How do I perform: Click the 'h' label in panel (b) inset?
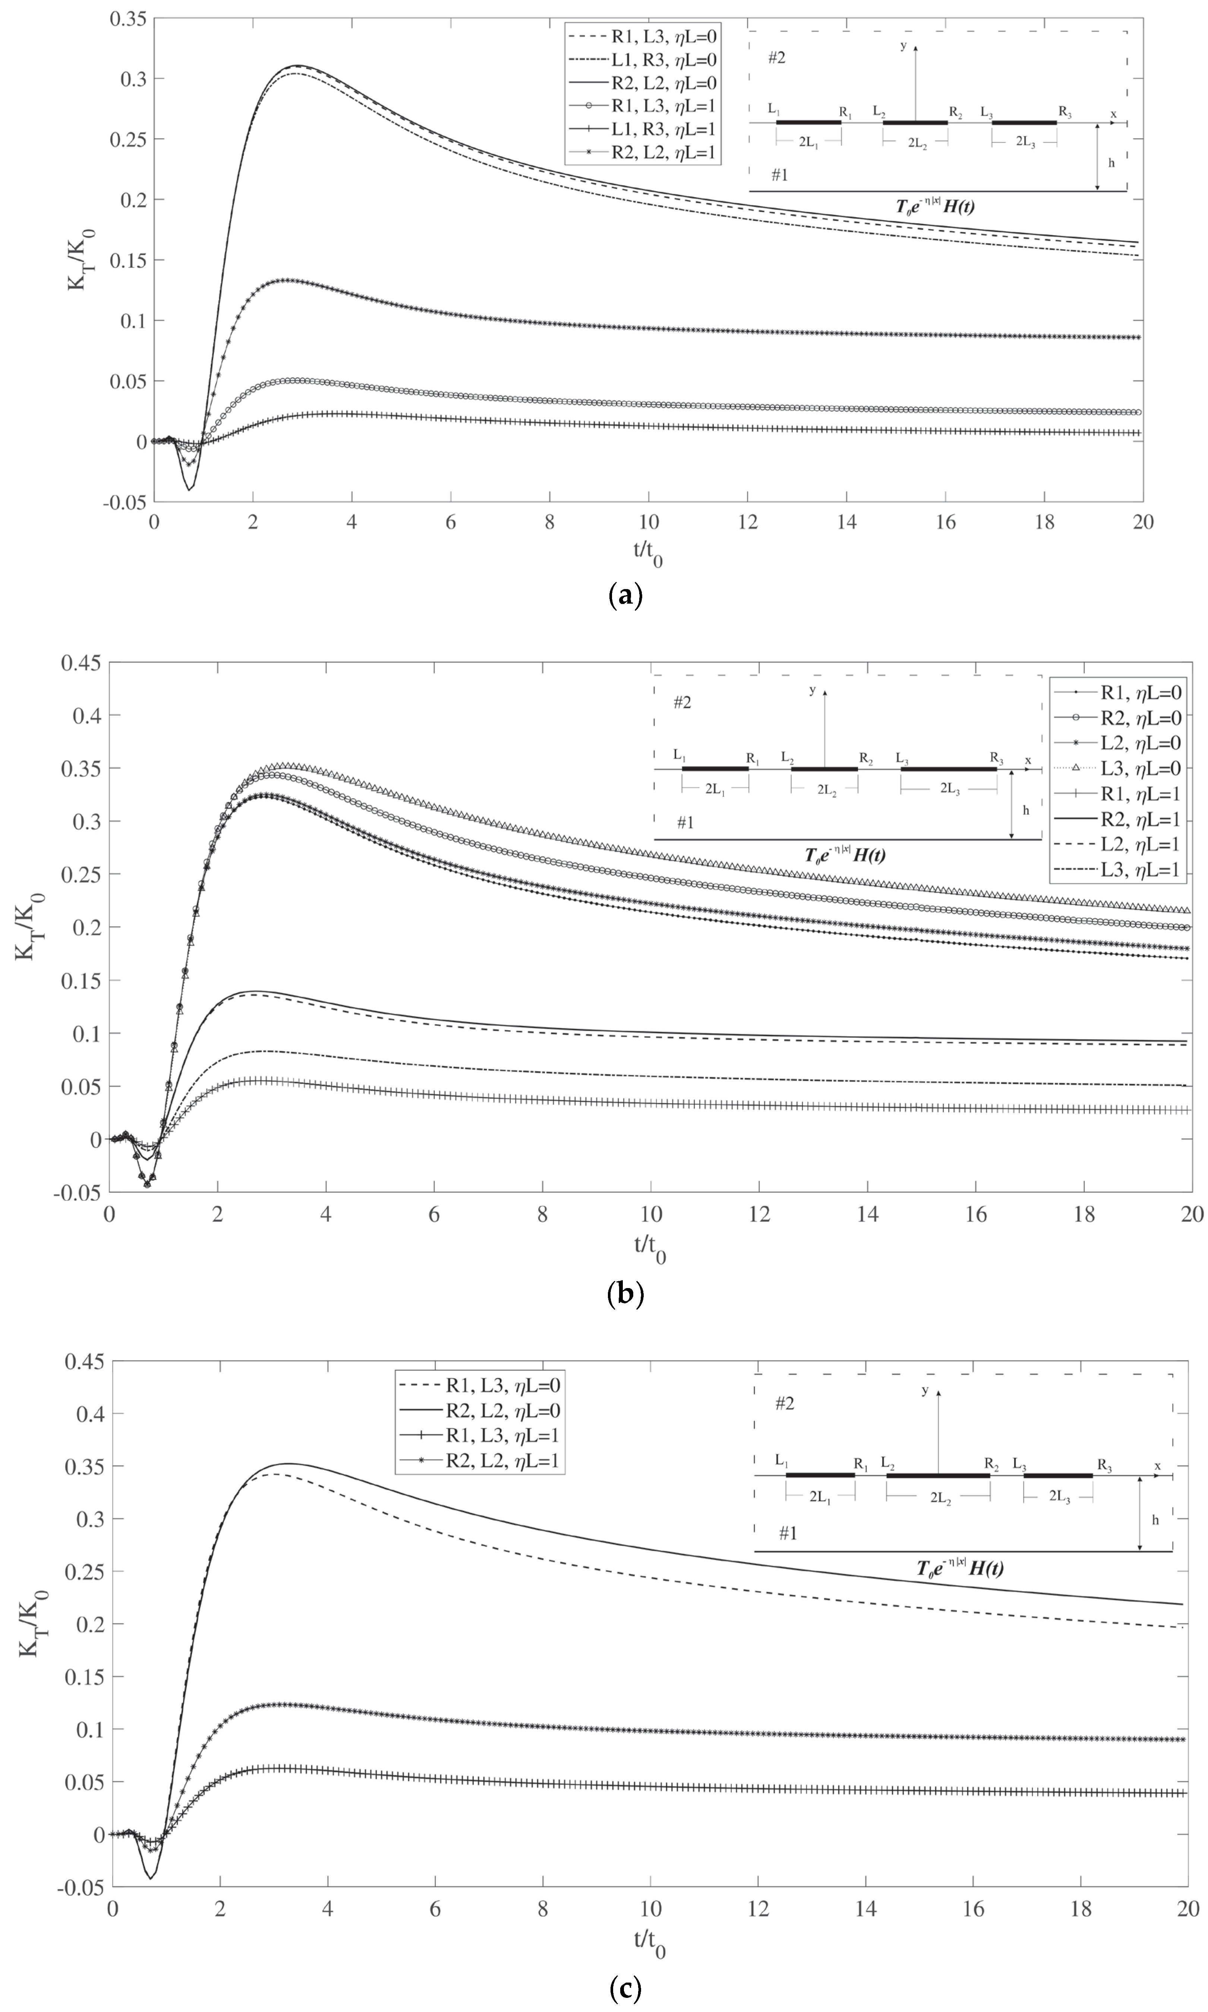point(1026,810)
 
